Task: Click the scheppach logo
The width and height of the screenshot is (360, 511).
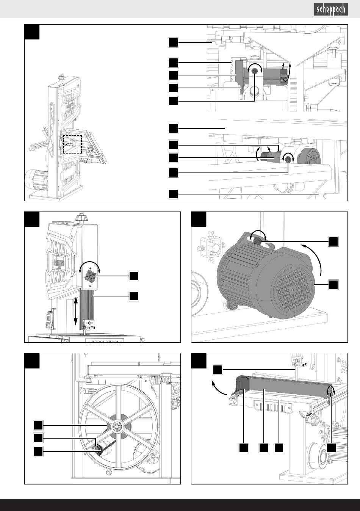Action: (331, 9)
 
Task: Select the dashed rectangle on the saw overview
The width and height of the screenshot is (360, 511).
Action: (72, 144)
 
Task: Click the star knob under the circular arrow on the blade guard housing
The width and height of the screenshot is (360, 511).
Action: (90, 277)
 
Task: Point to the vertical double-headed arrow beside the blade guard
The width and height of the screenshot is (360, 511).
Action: (76, 311)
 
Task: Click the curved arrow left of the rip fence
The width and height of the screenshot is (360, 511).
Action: (219, 388)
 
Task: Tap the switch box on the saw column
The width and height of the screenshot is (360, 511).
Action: (50, 319)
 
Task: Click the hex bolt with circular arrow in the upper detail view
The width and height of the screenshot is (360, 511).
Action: (255, 72)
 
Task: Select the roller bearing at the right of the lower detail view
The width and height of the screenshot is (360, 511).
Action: (309, 156)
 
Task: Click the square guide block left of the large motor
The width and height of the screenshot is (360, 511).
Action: (210, 247)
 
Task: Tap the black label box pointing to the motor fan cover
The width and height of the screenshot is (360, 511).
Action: (333, 284)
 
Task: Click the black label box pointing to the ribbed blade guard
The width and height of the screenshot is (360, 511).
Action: (134, 296)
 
